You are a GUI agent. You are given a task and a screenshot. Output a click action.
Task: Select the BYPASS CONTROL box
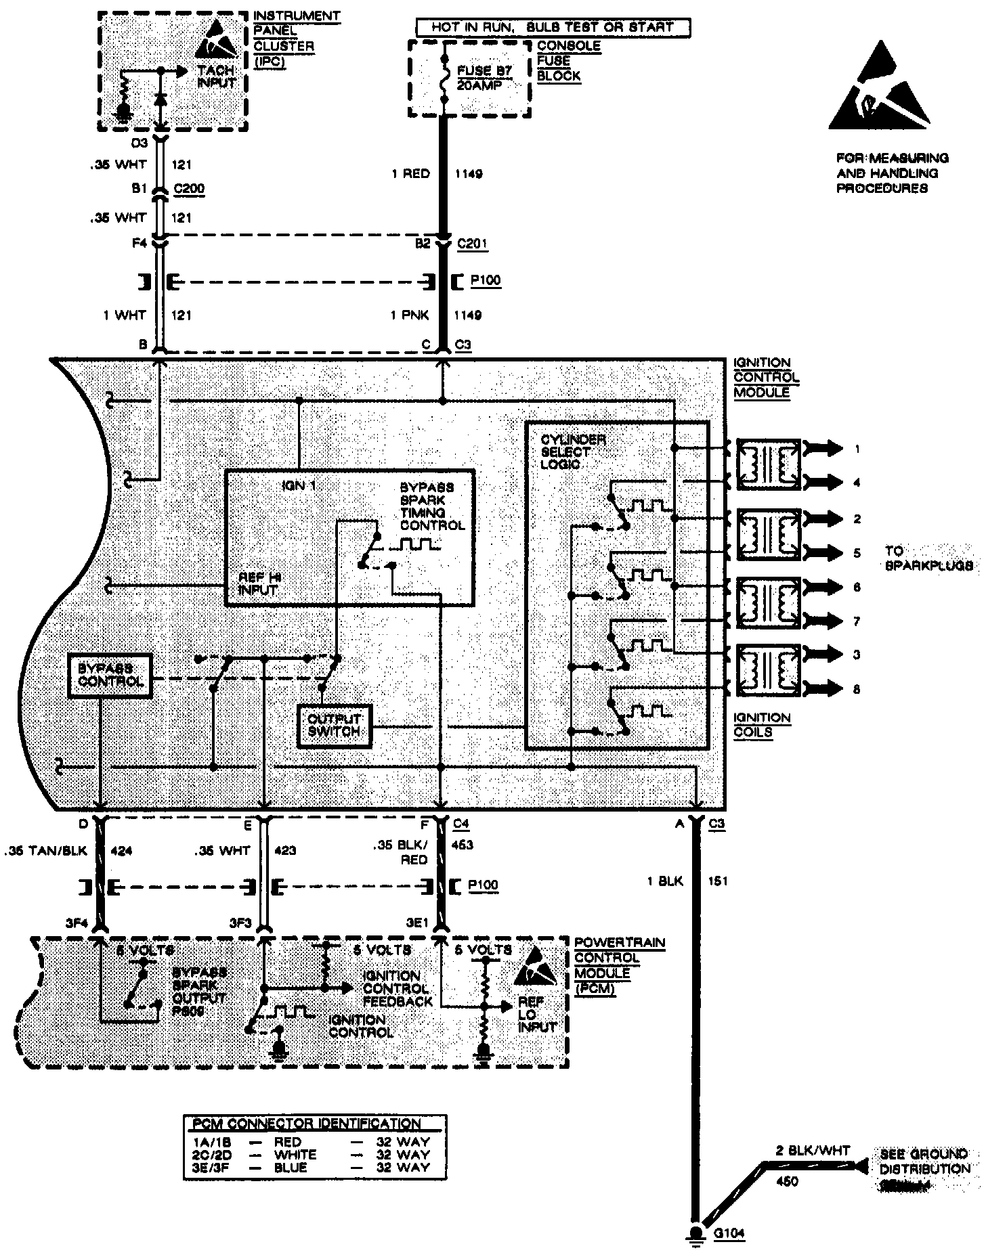[x=110, y=675]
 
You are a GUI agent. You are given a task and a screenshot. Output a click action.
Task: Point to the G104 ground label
[x=729, y=1233]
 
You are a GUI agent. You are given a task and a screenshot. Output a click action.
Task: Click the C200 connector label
[x=189, y=190]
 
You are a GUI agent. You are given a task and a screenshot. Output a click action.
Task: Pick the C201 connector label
[x=472, y=244]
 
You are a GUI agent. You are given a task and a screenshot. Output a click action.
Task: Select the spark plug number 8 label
[x=857, y=690]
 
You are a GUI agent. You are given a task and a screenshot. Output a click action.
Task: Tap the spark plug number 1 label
[x=857, y=449]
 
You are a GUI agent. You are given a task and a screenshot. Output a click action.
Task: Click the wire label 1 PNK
[x=410, y=315]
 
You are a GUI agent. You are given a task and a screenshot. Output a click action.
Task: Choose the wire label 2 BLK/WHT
[x=813, y=1150]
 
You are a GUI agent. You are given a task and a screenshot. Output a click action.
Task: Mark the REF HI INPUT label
[x=259, y=583]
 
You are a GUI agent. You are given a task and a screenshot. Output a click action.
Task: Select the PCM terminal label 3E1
[x=416, y=923]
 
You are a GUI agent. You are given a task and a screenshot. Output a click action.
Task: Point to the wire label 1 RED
[x=410, y=174]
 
